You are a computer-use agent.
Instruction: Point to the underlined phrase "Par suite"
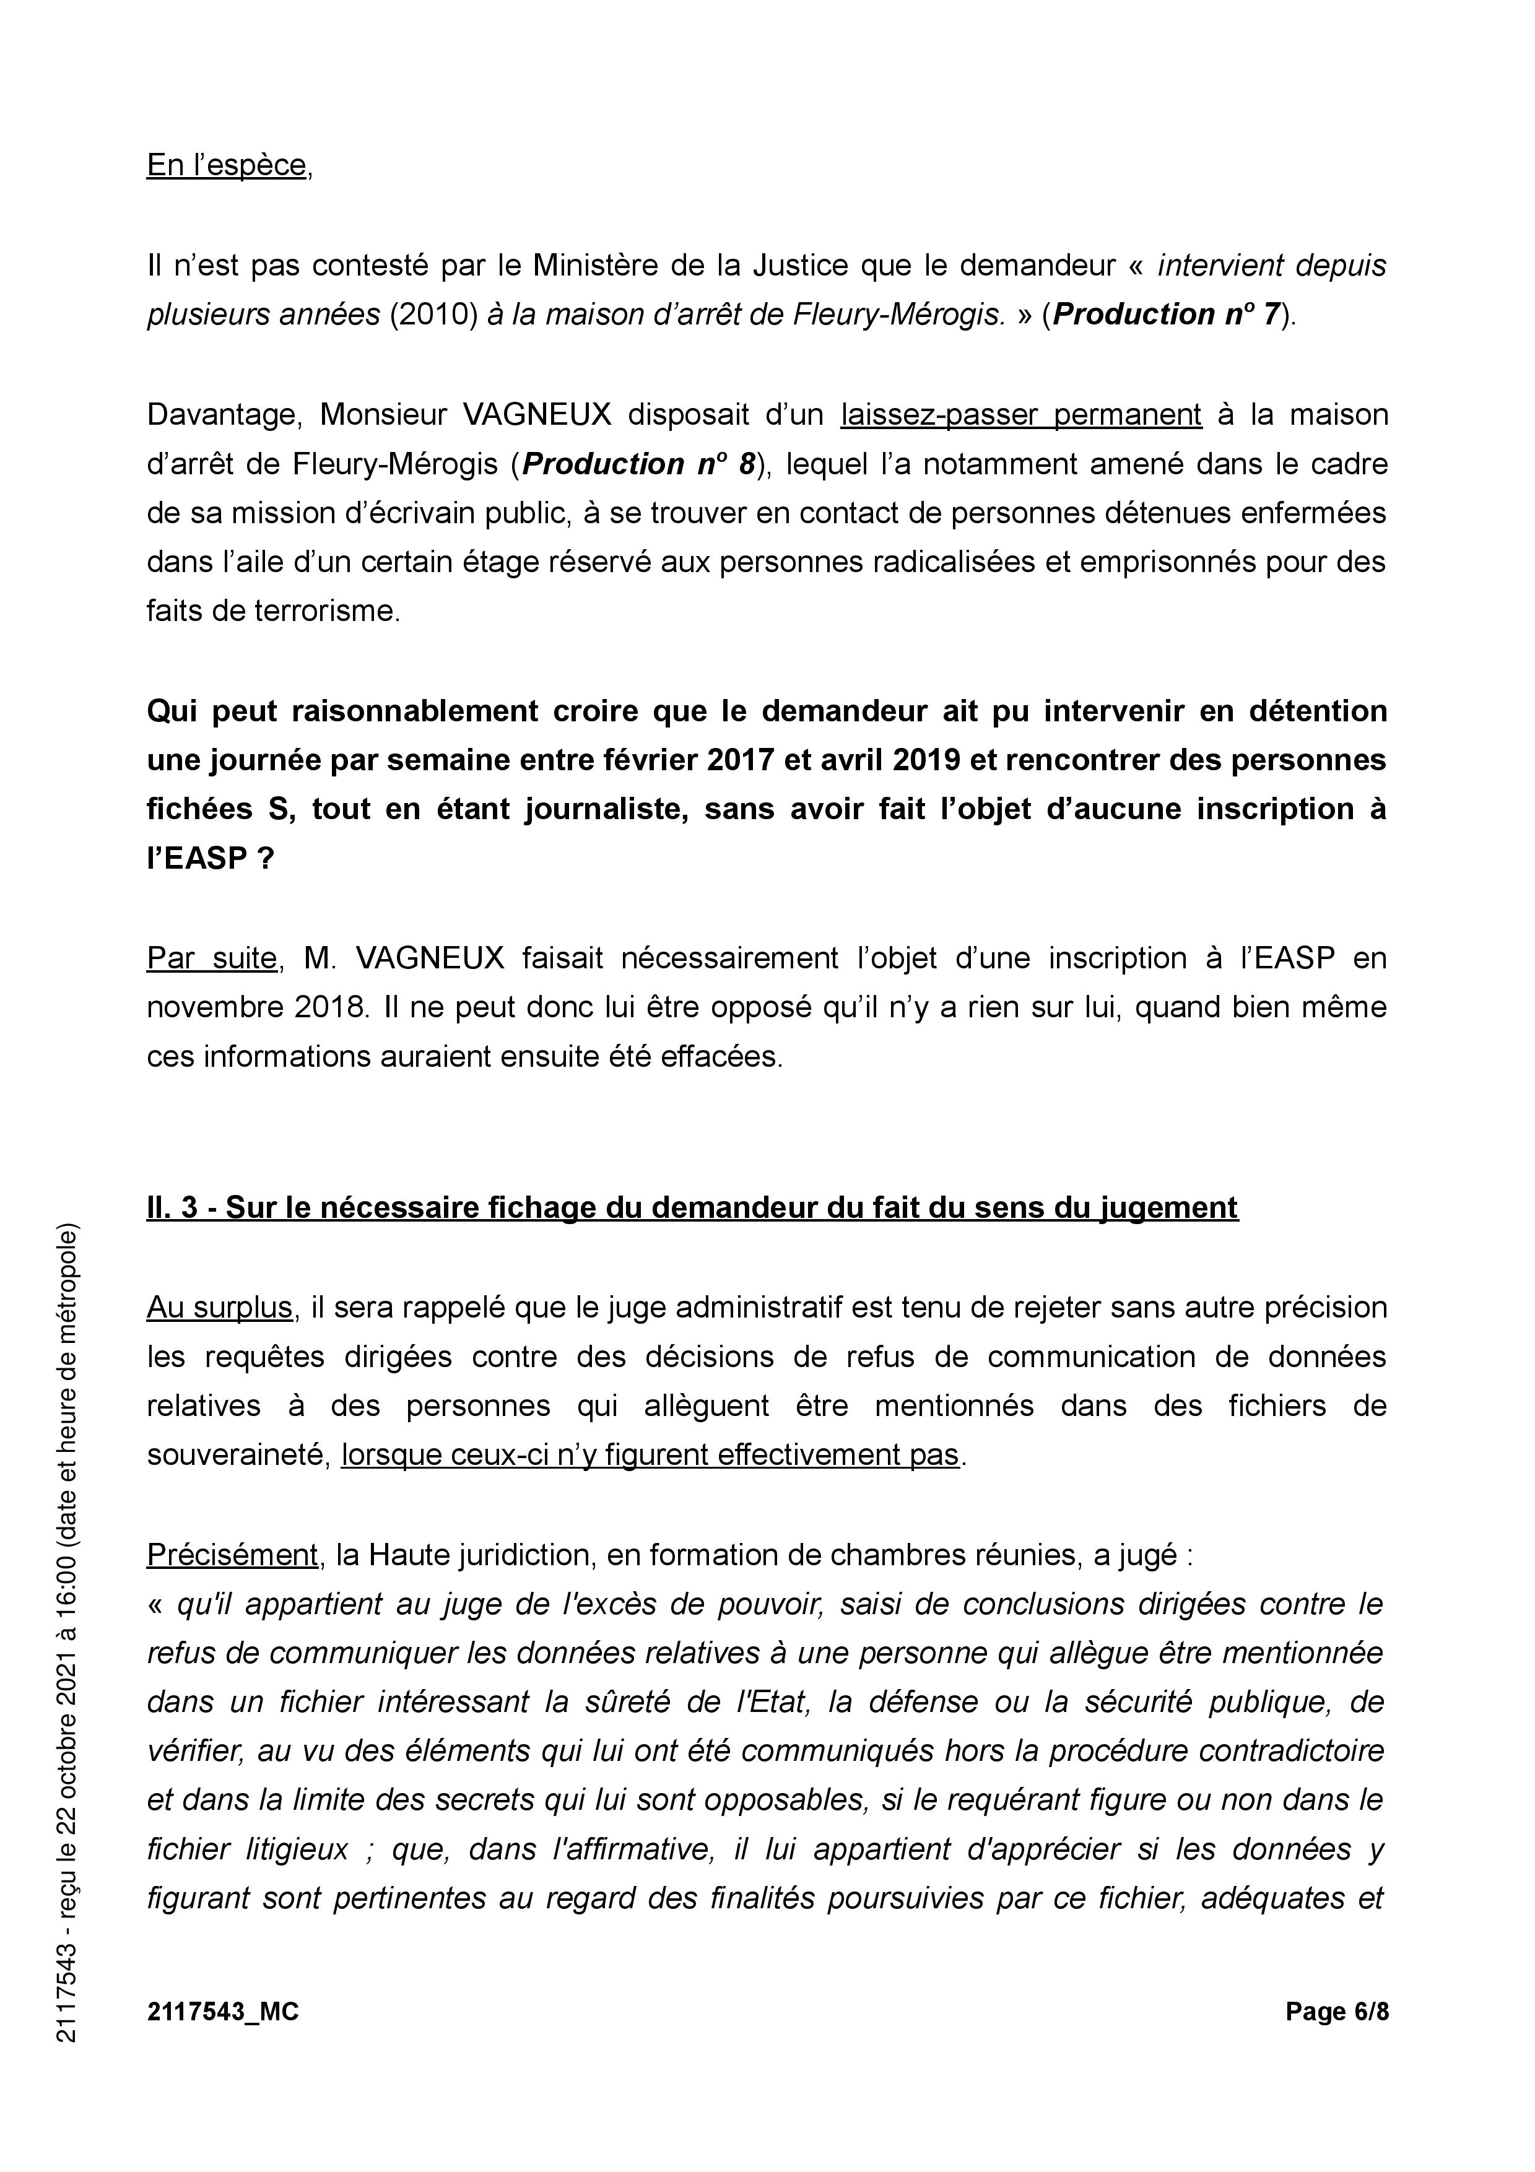[x=211, y=958]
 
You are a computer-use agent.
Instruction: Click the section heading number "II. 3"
[x=172, y=1208]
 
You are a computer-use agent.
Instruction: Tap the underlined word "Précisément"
[x=232, y=1555]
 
